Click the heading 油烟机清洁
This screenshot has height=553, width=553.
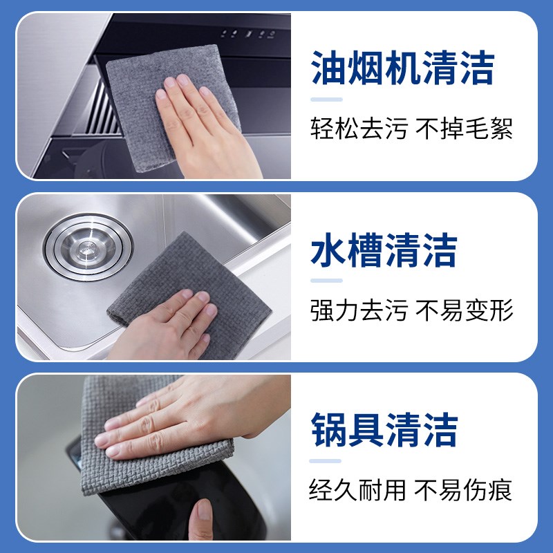coord(402,70)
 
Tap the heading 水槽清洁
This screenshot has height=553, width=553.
coord(384,250)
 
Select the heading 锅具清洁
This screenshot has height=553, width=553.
coord(384,429)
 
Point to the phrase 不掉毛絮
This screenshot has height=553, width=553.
coord(464,129)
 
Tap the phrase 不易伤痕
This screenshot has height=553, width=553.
coord(464,490)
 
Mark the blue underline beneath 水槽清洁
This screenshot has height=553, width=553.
coord(326,281)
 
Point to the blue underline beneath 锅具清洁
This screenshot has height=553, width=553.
coord(326,461)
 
